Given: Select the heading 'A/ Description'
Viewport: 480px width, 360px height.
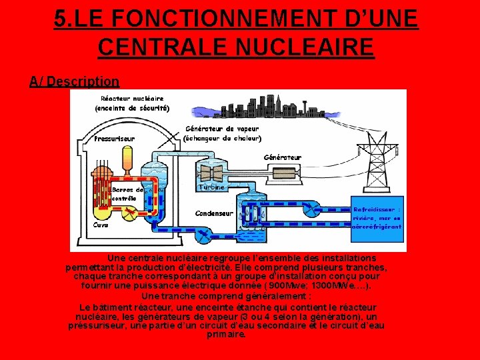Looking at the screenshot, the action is pyautogui.click(x=75, y=81).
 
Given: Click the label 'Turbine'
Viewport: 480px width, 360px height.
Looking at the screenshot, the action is pyautogui.click(x=212, y=187).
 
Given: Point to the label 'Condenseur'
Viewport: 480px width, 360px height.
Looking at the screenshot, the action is pyautogui.click(x=214, y=213).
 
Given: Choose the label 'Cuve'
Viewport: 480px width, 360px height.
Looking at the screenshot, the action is pyautogui.click(x=101, y=225).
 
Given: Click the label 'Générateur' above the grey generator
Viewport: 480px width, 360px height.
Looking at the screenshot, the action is pyautogui.click(x=283, y=157).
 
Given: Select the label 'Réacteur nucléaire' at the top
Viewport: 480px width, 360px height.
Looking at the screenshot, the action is pyautogui.click(x=132, y=98).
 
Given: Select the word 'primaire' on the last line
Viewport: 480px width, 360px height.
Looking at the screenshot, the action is pyautogui.click(x=226, y=335).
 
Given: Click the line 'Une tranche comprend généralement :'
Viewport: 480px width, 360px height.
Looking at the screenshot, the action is pyautogui.click(x=226, y=296).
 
